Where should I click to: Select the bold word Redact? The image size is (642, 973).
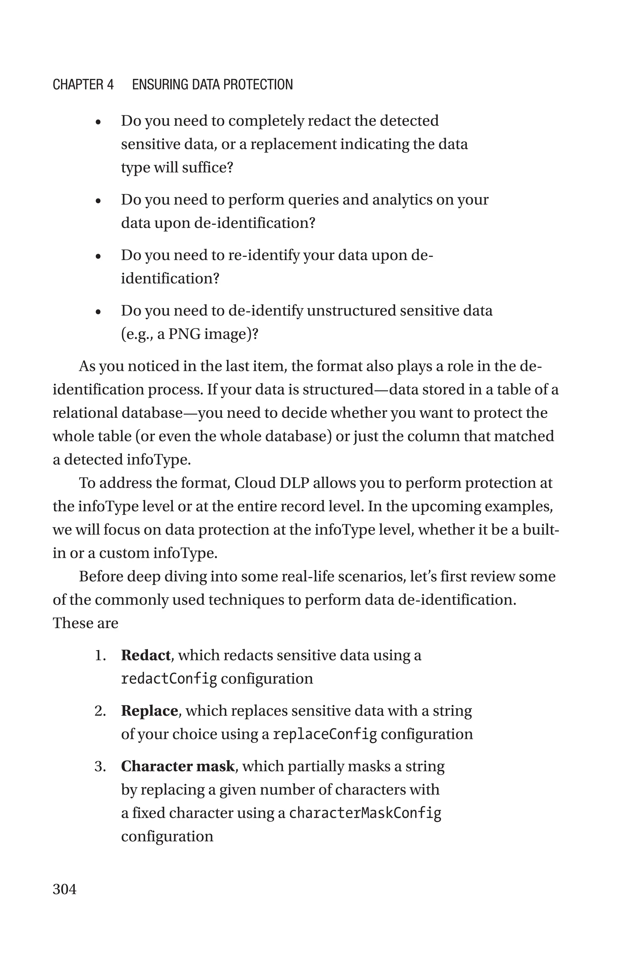145,655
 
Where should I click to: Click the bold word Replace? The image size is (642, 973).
149,711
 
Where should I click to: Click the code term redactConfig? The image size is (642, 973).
169,679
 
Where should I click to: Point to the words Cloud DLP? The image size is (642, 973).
272,483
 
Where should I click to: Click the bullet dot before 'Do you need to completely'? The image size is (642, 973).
98,122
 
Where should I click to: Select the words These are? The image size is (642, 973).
85,623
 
